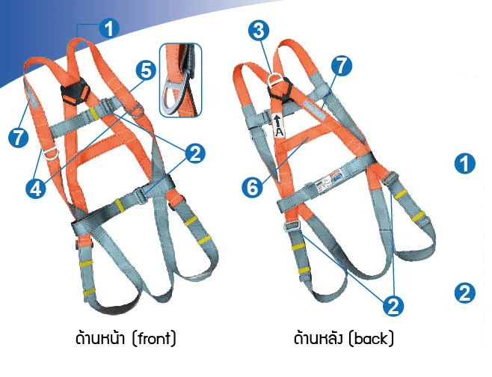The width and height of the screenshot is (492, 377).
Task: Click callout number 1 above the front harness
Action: pyautogui.click(x=109, y=28)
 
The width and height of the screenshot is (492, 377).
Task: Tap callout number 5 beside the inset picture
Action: pyautogui.click(x=146, y=70)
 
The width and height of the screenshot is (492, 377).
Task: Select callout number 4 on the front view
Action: pyautogui.click(x=36, y=188)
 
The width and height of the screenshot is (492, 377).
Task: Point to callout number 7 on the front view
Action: pyautogui.click(x=18, y=138)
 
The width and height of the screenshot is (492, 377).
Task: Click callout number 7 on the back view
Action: pyautogui.click(x=342, y=66)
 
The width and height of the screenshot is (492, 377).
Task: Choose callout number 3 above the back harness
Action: pyautogui.click(x=259, y=31)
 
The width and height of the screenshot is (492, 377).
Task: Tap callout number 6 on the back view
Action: pyautogui.click(x=253, y=188)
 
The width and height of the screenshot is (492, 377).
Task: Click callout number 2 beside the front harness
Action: pyautogui.click(x=195, y=153)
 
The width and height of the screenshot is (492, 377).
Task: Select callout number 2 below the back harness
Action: pyautogui.click(x=393, y=305)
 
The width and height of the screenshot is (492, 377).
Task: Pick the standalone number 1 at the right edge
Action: pyautogui.click(x=465, y=164)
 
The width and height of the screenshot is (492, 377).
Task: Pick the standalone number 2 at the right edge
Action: pyautogui.click(x=465, y=293)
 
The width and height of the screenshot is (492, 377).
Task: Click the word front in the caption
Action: pyautogui.click(x=153, y=339)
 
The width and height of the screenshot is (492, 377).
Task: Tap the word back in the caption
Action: pyautogui.click(x=371, y=340)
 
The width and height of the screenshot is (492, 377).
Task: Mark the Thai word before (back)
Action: pyautogui.click(x=319, y=338)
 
